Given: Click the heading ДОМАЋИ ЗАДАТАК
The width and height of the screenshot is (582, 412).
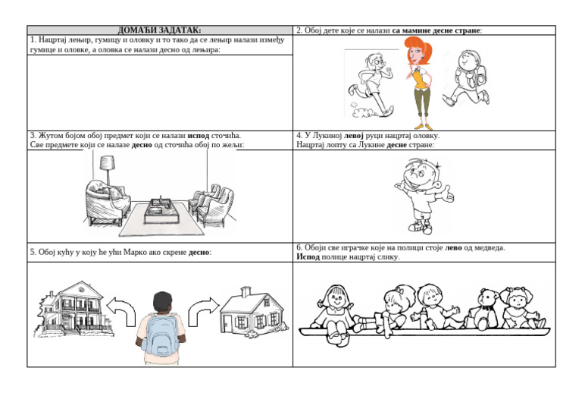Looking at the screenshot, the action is coord(160,30).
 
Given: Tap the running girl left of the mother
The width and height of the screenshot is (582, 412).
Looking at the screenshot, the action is coord(371,84).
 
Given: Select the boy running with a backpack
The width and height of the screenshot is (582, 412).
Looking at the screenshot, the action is coord(467,78).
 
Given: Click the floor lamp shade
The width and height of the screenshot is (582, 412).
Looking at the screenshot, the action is coord(107,162).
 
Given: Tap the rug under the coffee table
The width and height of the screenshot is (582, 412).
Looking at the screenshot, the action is coord(162,220).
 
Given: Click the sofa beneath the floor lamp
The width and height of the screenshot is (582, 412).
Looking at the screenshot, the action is coord(108,203).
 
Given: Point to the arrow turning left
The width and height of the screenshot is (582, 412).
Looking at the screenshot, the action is coord(123,310).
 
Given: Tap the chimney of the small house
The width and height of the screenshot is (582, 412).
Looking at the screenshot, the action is coord(246,292).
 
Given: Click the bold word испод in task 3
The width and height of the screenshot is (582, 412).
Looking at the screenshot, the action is coord(199,136).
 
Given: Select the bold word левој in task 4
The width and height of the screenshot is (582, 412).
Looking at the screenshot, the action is coord(353,136).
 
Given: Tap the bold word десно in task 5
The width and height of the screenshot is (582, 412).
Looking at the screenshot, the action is coord(199,252).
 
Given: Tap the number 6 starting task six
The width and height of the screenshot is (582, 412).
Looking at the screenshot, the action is coord(299,248).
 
